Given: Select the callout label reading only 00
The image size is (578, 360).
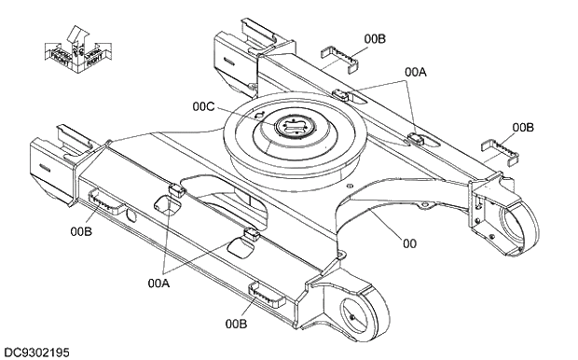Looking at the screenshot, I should point(409,243).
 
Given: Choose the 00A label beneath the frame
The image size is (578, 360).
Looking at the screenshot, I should point(160,281).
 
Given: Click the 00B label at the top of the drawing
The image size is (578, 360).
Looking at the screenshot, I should point(375,38).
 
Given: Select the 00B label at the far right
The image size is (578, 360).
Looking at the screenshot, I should point(523,127).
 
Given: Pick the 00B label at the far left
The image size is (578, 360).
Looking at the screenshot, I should point(80,230).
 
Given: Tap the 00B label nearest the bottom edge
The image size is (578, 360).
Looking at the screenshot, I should point(237,324).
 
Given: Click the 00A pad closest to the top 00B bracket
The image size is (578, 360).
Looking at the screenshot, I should point(342,95).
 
